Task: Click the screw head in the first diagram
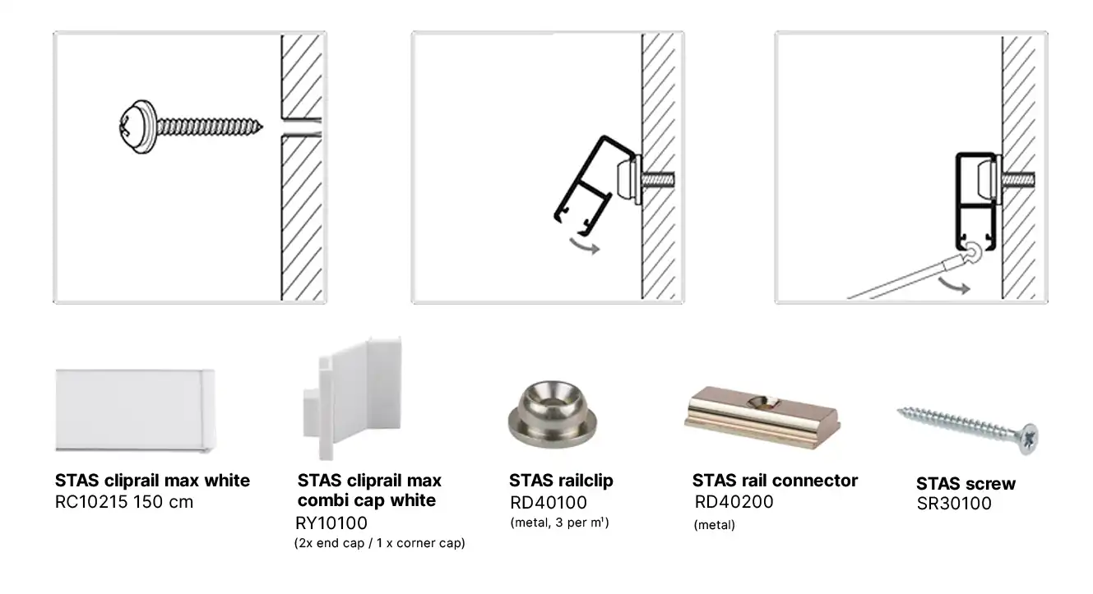[138, 127]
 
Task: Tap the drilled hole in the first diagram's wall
[302, 127]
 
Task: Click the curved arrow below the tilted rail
[585, 246]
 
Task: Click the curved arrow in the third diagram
[954, 286]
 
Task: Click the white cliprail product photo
[135, 411]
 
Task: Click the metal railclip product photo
[552, 414]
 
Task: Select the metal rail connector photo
[762, 417]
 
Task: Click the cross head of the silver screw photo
[1029, 440]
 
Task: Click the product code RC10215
[91, 502]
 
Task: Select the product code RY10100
[331, 523]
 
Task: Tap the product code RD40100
[549, 502]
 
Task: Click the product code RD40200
[734, 502]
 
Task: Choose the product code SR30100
[954, 504]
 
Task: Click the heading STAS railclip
[561, 481]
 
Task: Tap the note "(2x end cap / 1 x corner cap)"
[380, 543]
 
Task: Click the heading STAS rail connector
[775, 481]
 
